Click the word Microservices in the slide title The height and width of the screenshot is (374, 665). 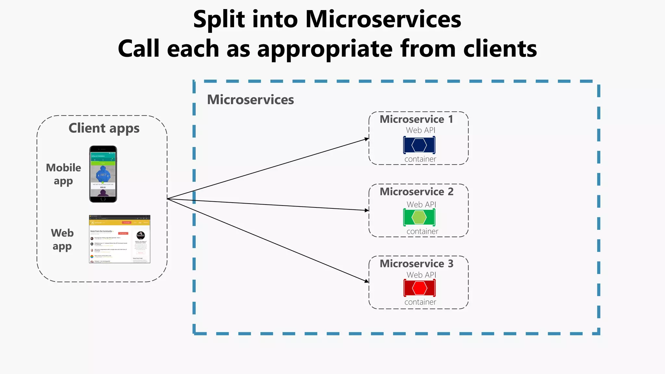tap(383, 19)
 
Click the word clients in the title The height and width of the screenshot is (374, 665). tap(500, 49)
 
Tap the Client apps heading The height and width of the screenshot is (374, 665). tap(104, 128)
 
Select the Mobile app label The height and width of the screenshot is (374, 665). tap(63, 174)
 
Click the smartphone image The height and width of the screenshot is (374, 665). tap(103, 174)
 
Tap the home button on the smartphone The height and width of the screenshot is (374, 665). tap(103, 199)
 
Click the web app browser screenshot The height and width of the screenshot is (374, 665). tap(119, 239)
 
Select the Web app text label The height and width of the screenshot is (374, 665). tap(62, 240)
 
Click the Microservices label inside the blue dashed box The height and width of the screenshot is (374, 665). tap(250, 100)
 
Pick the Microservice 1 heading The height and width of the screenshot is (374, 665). tap(417, 119)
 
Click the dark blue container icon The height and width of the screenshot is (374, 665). tap(419, 145)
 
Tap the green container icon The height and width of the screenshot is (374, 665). tap(419, 218)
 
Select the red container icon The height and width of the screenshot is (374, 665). tap(420, 288)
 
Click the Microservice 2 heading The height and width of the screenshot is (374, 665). tap(417, 192)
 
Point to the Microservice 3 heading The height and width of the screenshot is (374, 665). tap(417, 264)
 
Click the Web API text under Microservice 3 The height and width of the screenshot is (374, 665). tap(421, 275)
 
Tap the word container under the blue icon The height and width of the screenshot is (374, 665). tap(420, 159)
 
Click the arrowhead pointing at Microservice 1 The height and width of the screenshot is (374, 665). tap(367, 139)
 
